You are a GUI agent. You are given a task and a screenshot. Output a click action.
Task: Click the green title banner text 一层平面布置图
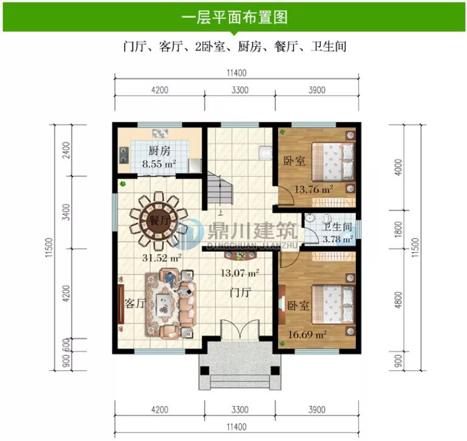point(234,16)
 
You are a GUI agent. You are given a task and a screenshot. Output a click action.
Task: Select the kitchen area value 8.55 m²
point(159,164)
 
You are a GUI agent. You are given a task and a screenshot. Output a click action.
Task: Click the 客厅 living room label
point(135,303)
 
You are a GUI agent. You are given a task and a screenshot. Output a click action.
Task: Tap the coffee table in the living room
point(164,302)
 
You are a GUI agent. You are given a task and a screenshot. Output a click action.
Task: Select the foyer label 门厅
point(241,292)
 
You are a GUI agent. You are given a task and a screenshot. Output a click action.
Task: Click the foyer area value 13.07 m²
point(242,273)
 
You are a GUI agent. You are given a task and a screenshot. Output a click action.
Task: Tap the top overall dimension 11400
point(235,73)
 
